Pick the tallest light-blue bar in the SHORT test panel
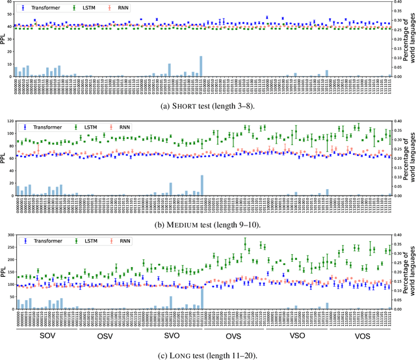(201, 66)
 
